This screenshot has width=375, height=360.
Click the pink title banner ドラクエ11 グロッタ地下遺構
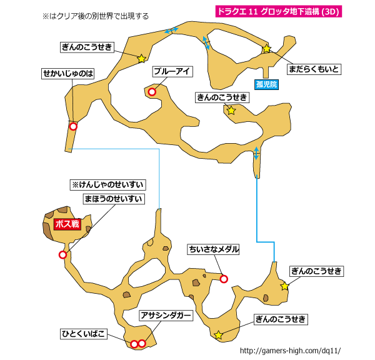pyautogui.click(x=279, y=11)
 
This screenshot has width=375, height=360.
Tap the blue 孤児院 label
pyautogui.click(x=266, y=84)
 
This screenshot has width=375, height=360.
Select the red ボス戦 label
pyautogui.click(x=67, y=224)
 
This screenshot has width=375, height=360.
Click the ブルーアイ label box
pyautogui.click(x=172, y=71)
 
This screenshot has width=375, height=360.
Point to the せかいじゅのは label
pyautogui.click(x=68, y=73)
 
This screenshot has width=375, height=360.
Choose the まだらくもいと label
pyautogui.click(x=314, y=69)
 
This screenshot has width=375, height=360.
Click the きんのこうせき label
pyautogui.click(x=222, y=97)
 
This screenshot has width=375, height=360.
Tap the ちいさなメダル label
pyautogui.click(x=213, y=249)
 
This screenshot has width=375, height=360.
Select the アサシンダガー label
pyautogui.click(x=166, y=316)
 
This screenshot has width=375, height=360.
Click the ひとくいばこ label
pyautogui.click(x=84, y=334)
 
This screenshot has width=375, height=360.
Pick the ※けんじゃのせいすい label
pyautogui.click(x=107, y=184)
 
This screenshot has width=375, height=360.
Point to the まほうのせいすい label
pyautogui.click(x=114, y=199)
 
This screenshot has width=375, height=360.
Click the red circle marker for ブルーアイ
pyautogui.click(x=152, y=92)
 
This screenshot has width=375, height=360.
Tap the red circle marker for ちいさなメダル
pyautogui.click(x=224, y=279)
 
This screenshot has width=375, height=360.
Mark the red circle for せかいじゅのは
pyautogui.click(x=73, y=126)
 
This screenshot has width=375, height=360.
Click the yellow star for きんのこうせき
pyautogui.click(x=231, y=110)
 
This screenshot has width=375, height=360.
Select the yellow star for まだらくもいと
pyautogui.click(x=267, y=49)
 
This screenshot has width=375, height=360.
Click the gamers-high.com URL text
pyautogui.click(x=290, y=351)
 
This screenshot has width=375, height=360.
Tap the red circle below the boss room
pyautogui.click(x=62, y=255)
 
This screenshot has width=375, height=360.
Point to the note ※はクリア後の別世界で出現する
pyautogui.click(x=96, y=16)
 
